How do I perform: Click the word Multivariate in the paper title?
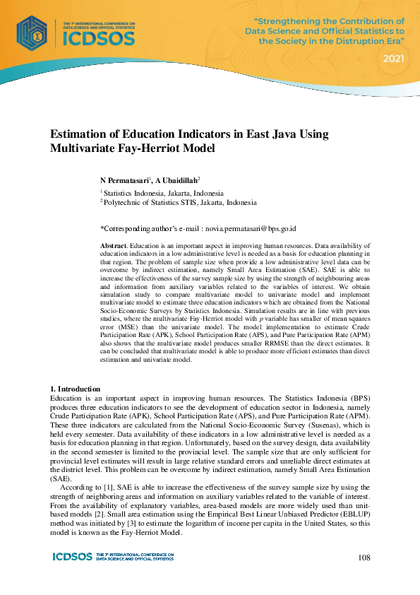pyautogui.click(x=79, y=148)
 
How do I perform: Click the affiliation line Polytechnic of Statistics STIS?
pyautogui.click(x=179, y=202)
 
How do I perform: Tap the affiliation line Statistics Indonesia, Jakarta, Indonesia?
pyautogui.click(x=164, y=192)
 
